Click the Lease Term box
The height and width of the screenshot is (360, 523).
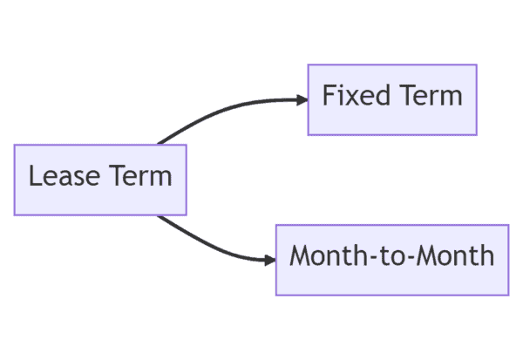(x=100, y=180)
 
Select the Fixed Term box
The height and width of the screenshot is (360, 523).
(x=392, y=99)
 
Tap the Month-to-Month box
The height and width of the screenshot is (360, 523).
(x=392, y=260)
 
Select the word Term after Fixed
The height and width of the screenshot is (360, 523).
(x=430, y=96)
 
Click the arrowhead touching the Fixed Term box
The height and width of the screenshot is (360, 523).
(x=302, y=99)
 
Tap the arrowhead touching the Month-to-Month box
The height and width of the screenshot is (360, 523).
(x=270, y=260)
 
